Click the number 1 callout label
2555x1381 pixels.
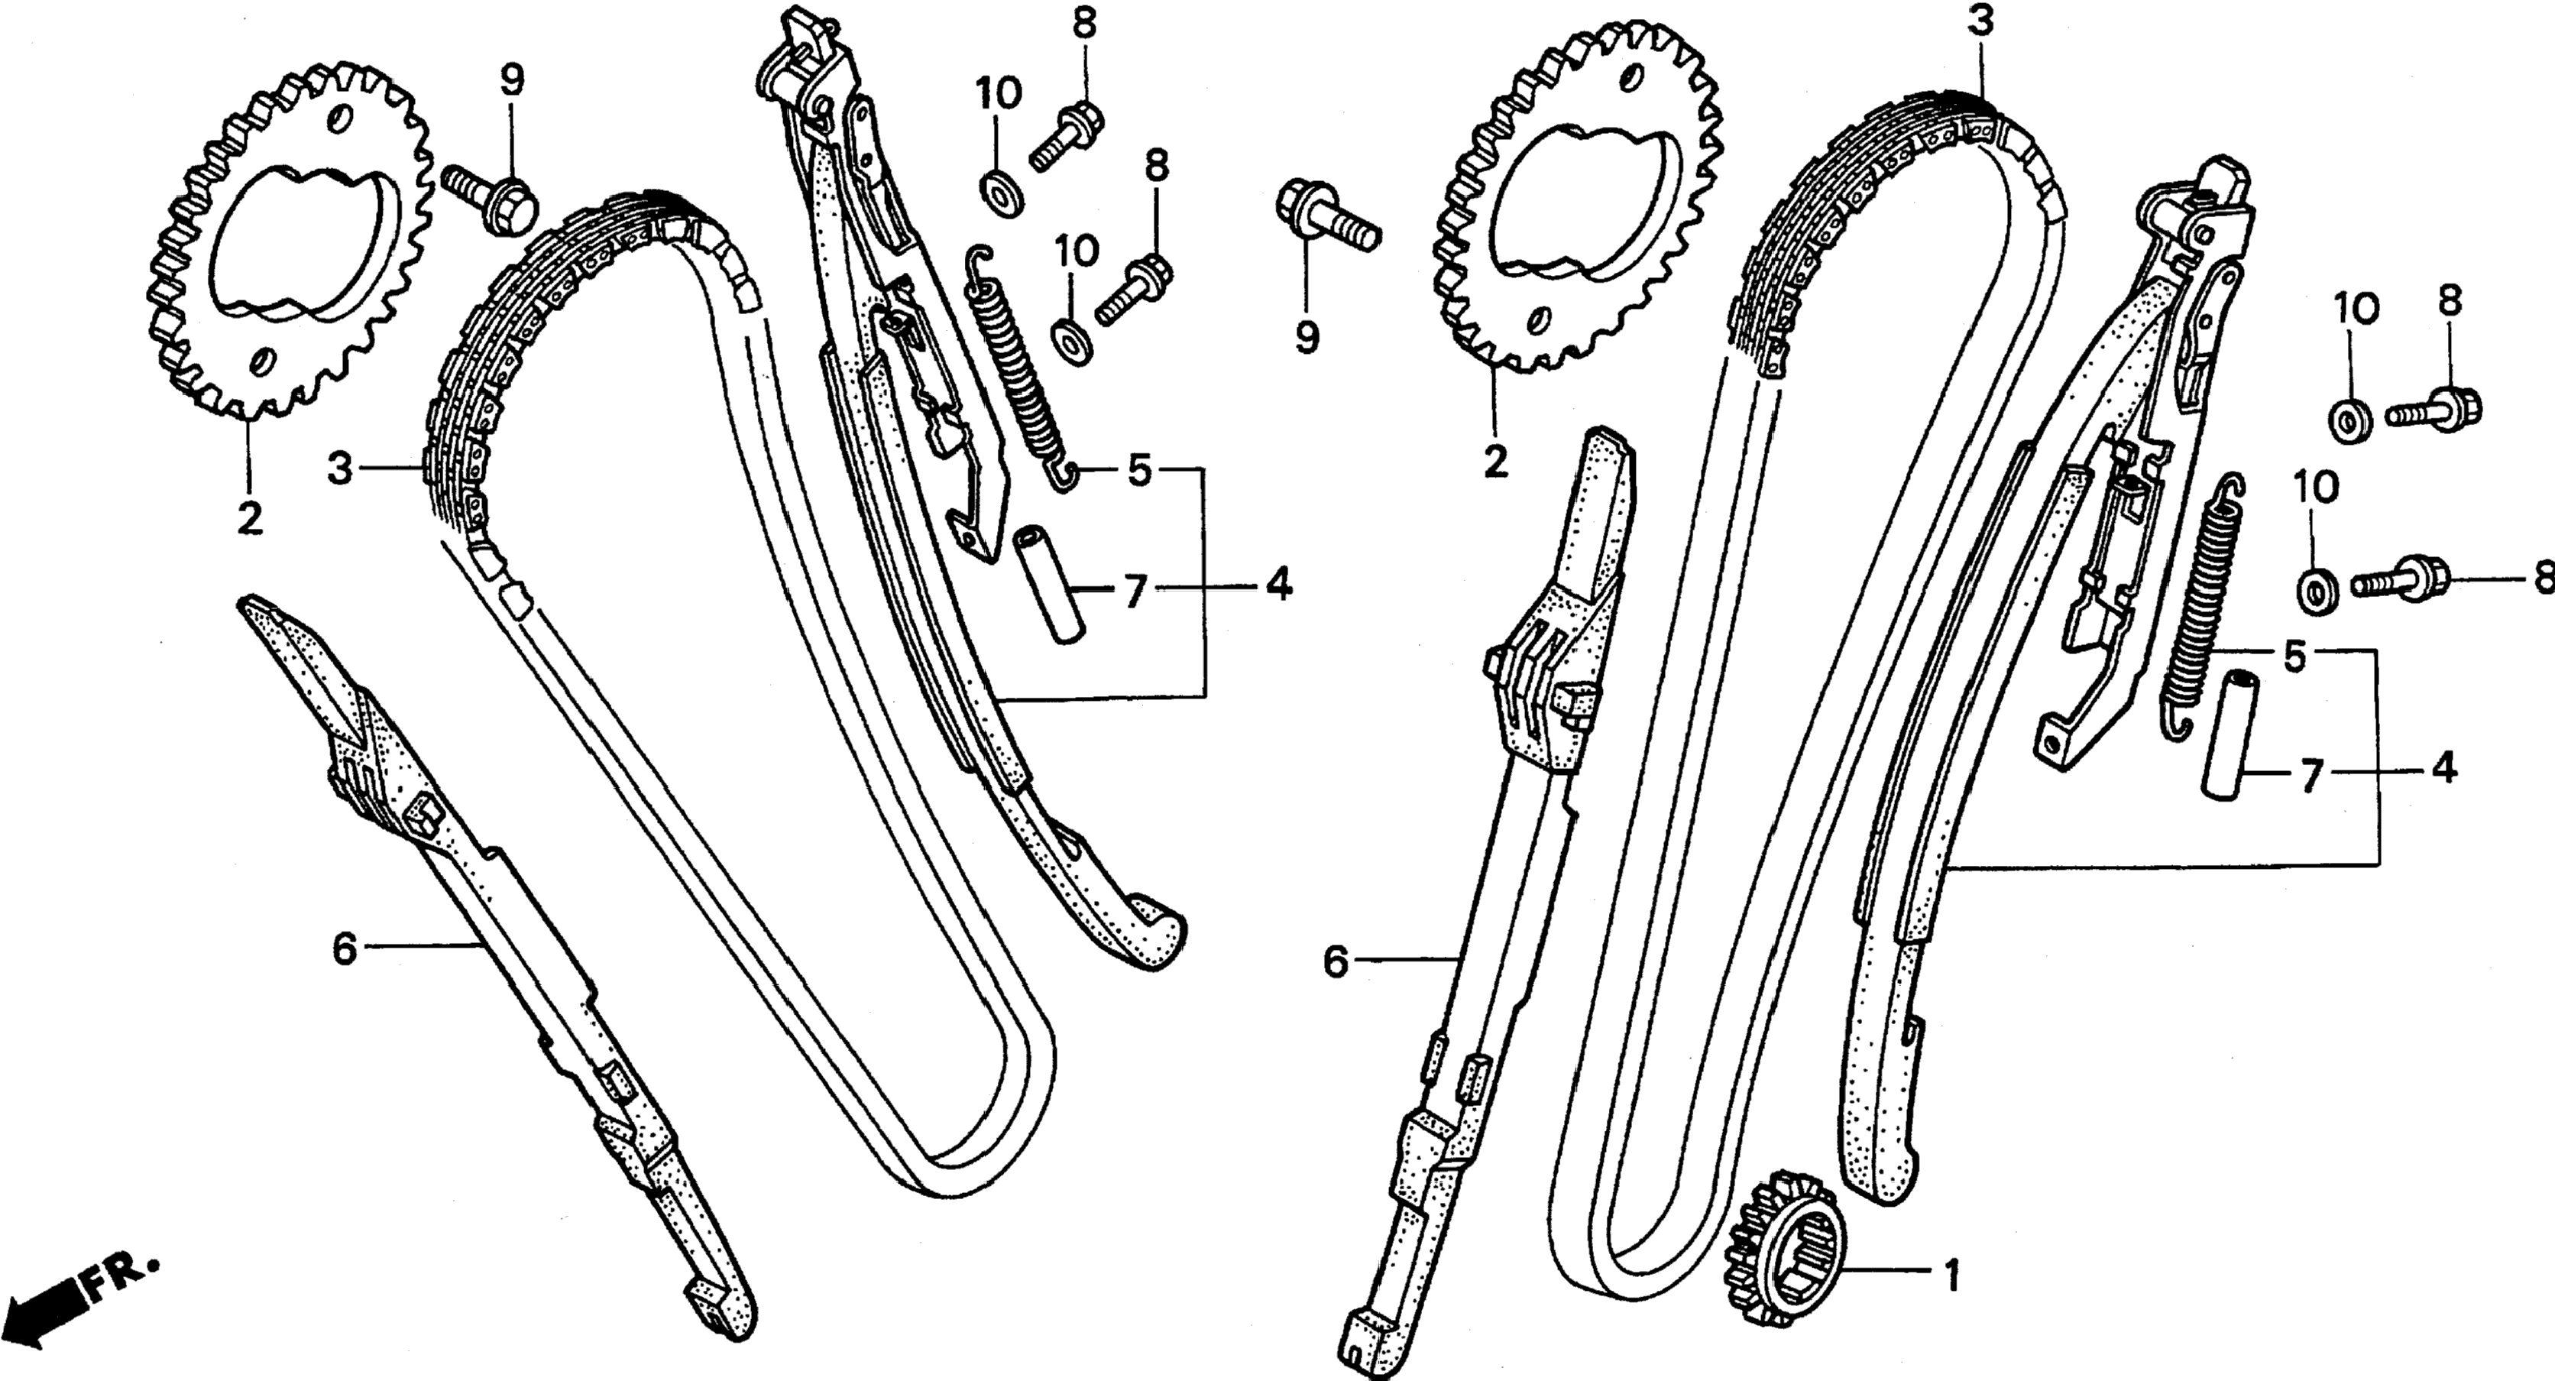coord(1951,1277)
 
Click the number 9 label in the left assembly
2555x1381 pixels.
coord(511,80)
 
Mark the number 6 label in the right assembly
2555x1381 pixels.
coord(1336,961)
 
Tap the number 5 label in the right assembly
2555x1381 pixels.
coord(2294,656)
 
